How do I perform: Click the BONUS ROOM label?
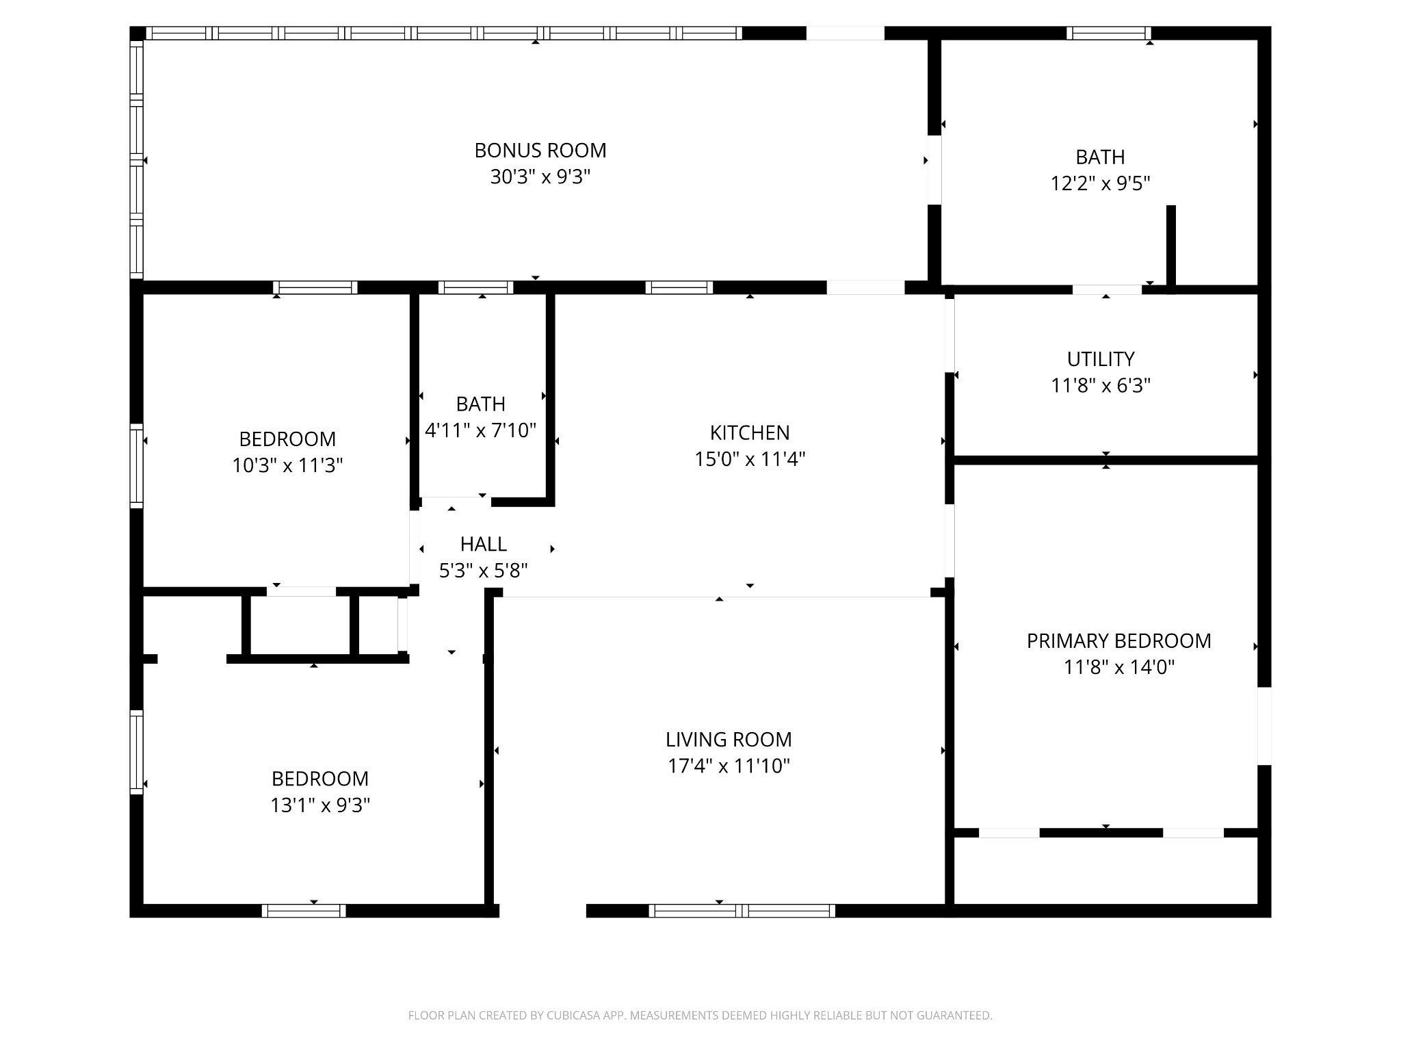click(x=540, y=151)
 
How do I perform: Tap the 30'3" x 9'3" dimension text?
click(x=540, y=177)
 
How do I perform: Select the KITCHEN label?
click(x=750, y=432)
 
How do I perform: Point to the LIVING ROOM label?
click(x=729, y=740)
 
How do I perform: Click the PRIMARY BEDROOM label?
click(x=1119, y=641)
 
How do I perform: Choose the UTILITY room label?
click(x=1101, y=359)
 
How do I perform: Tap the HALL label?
click(x=484, y=545)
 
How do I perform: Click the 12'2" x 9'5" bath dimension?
click(x=1101, y=184)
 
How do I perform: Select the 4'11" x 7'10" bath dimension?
click(x=481, y=430)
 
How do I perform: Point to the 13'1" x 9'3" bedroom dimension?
click(x=320, y=805)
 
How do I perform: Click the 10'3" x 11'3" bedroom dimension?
click(x=287, y=466)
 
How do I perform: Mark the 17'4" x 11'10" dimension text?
click(x=729, y=766)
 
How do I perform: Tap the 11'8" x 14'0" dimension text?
click(x=1119, y=667)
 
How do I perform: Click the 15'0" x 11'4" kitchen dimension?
click(x=750, y=459)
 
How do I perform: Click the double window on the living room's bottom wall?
click(x=742, y=911)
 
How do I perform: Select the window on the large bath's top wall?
click(x=1108, y=33)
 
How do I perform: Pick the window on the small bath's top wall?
click(x=475, y=287)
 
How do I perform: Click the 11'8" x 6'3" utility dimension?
click(x=1101, y=386)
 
